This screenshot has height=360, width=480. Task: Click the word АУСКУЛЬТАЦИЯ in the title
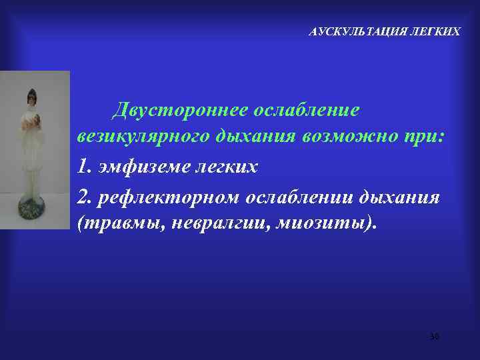(x=349, y=31)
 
